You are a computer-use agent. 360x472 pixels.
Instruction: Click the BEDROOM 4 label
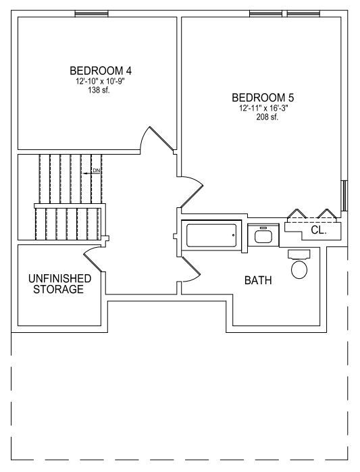[x=101, y=71]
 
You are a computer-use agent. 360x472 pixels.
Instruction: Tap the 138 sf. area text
[x=99, y=90]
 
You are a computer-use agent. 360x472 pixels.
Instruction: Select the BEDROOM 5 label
[x=263, y=97]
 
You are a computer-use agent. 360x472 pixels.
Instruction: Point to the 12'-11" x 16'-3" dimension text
[x=263, y=108]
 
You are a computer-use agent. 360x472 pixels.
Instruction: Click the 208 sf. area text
[x=267, y=117]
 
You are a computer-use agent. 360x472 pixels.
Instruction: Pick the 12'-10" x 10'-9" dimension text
[x=100, y=81]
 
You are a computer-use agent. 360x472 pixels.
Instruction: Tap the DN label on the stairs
[x=96, y=171]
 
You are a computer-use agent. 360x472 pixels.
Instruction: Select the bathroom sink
[x=263, y=235]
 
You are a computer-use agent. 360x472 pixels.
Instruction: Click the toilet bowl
[x=299, y=269]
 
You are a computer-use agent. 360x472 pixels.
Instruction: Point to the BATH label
[x=258, y=280]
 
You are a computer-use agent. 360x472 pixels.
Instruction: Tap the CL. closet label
[x=319, y=230]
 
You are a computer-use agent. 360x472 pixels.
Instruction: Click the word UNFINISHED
[x=59, y=278]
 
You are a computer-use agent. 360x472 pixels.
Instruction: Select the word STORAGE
[x=58, y=289]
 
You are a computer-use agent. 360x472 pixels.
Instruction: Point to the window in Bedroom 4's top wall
[x=91, y=14]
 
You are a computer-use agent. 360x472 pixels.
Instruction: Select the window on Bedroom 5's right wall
[x=344, y=196]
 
